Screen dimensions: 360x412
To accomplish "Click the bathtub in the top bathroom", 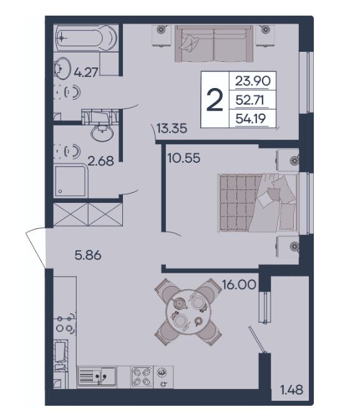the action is click(x=86, y=38).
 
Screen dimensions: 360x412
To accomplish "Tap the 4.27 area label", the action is click(x=86, y=72).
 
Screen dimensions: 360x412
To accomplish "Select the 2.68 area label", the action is click(x=100, y=161).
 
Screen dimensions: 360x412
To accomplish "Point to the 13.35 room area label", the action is click(x=172, y=129).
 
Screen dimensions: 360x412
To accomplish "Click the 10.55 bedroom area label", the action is click(x=184, y=158).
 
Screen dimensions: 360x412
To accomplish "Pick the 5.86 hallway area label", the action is click(x=88, y=255).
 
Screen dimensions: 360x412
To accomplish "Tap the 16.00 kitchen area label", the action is click(x=239, y=284).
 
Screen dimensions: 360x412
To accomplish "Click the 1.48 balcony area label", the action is click(x=292, y=390).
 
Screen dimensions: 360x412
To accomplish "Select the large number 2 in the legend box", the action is click(x=215, y=100).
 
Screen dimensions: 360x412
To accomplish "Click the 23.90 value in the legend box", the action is click(x=252, y=81).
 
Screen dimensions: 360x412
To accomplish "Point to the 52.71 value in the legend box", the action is click(x=250, y=100).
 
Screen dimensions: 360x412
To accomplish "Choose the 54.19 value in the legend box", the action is click(x=251, y=119).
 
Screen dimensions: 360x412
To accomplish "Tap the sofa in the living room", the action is click(x=214, y=44).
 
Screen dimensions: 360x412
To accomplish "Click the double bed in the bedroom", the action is click(x=258, y=203).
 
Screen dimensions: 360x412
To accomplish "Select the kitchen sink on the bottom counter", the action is click(x=97, y=376).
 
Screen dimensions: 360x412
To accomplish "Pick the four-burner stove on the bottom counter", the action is click(x=142, y=377).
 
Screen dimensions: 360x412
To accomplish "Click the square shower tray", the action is click(x=71, y=181).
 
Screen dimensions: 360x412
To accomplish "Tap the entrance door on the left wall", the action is click(x=36, y=248).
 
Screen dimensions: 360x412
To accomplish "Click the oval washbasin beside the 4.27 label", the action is click(x=62, y=68).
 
